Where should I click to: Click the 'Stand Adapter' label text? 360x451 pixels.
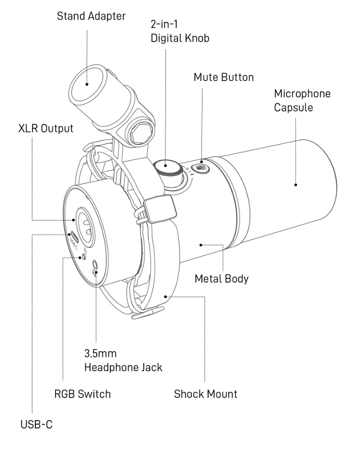coord(91,16)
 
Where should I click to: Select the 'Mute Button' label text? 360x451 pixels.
coord(223,77)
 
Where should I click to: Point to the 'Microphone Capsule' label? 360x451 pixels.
coord(301,100)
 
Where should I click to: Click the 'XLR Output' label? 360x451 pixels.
coord(45,128)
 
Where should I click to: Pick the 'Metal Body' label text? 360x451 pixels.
coord(220,279)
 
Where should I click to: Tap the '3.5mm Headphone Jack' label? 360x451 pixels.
coord(123,361)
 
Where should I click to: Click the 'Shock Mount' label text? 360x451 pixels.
coord(205,394)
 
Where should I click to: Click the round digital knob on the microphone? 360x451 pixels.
coord(165,167)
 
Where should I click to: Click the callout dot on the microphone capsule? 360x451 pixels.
coord(294,183)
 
